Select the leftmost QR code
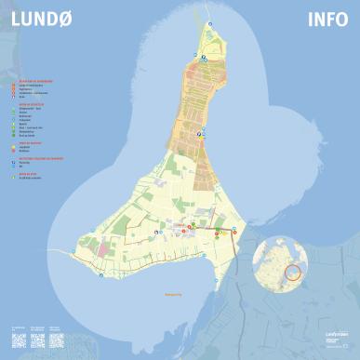[16, 336]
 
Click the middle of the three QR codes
[36, 336]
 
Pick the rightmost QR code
[57, 336]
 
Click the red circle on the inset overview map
[293, 273]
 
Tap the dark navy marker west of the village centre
[153, 229]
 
